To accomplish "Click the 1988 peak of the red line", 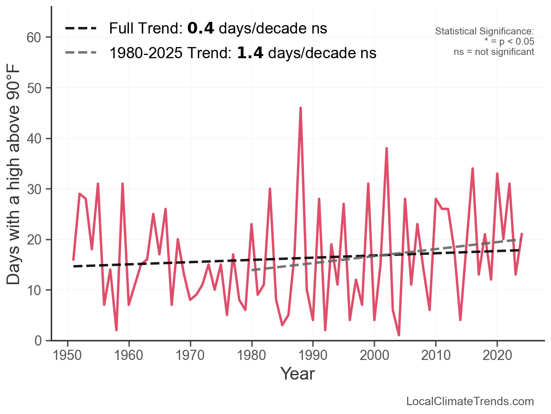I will [x=301, y=108].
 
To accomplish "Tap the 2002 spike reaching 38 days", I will [x=387, y=149].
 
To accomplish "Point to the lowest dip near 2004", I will [x=399, y=335].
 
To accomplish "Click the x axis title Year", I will [x=297, y=373].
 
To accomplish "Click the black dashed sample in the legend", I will [x=81, y=28].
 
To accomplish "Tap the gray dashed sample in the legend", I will [x=81, y=53].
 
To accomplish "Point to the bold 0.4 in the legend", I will [x=201, y=28].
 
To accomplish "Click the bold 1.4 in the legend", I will [x=250, y=53].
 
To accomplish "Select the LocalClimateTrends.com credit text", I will [x=470, y=401].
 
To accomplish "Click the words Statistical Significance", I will [x=484, y=31].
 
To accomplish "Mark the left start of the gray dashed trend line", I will [x=252, y=270].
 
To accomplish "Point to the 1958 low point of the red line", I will [x=116, y=330].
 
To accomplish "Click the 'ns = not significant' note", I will [x=494, y=52].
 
